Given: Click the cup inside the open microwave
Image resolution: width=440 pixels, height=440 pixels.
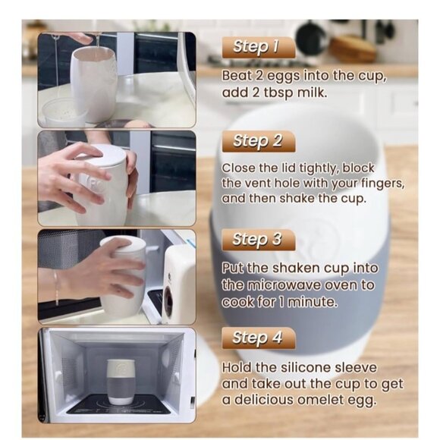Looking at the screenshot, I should pyautogui.click(x=121, y=381).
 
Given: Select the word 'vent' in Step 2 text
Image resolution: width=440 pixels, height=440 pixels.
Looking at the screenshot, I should pyautogui.click(x=266, y=183).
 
